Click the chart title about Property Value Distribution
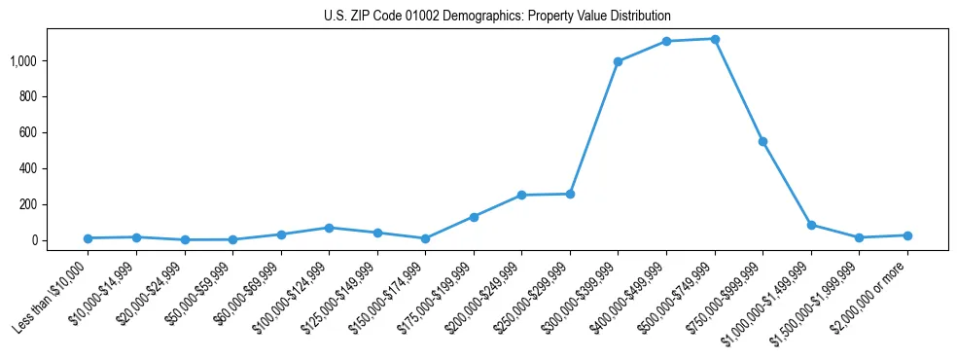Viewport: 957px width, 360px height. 497,17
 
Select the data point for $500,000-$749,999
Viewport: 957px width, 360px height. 715,39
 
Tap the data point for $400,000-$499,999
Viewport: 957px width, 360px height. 666,42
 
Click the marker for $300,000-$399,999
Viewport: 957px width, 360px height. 618,61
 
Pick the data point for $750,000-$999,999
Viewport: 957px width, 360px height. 762,142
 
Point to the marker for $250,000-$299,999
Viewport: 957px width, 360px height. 570,194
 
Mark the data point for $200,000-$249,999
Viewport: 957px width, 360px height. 521,196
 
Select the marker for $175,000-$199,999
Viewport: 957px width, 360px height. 474,217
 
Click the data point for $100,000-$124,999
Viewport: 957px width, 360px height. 329,228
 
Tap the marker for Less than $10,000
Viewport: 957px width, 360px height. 88,238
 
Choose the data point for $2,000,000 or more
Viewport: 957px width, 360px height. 907,235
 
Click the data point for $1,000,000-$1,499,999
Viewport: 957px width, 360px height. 811,225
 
